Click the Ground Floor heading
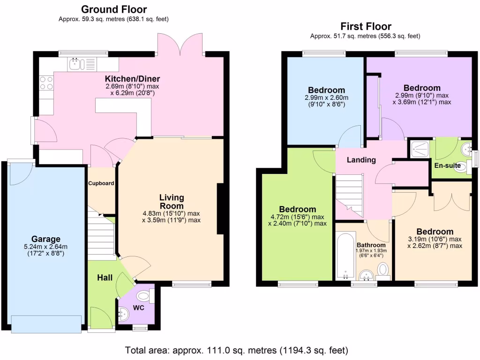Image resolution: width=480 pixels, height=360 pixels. (114, 9)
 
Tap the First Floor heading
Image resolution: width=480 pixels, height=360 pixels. (366, 26)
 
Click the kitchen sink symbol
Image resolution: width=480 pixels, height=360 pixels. (75, 64)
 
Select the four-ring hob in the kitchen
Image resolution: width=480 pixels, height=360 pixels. (46, 83)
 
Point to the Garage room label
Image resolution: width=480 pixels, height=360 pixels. (46, 239)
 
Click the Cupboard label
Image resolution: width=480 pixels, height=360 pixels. (101, 183)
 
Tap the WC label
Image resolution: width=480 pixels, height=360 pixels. (138, 308)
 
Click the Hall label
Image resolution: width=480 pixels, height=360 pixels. (105, 278)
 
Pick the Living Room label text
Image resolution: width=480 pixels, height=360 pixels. (172, 202)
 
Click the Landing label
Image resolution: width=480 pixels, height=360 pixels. (361, 160)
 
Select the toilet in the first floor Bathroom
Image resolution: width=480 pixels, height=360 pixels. (383, 270)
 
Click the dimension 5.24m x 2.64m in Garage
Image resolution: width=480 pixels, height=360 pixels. (46, 247)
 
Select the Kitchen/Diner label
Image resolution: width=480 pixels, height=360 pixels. (132, 78)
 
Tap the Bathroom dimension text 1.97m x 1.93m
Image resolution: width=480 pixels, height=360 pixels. (371, 251)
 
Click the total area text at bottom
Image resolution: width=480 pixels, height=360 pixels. (237, 350)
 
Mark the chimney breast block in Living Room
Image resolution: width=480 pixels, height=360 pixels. (220, 209)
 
